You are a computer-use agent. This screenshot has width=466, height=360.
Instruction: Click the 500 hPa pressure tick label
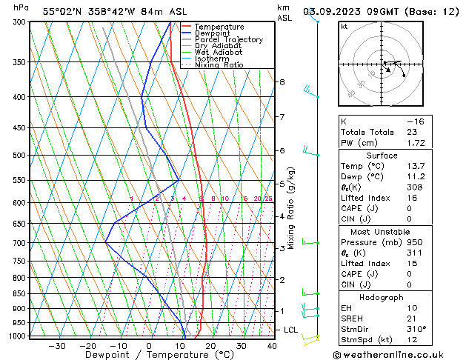(x=20, y=156)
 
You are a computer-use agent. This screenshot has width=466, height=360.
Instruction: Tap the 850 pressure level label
(x=20, y=294)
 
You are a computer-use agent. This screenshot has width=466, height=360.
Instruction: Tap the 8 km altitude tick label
(x=282, y=81)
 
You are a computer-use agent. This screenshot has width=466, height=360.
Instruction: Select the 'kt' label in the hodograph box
(x=344, y=26)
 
